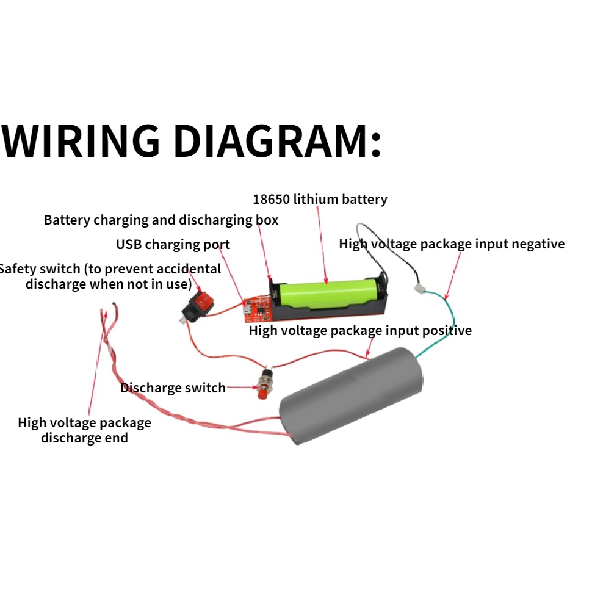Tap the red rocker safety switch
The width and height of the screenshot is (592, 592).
click(201, 301)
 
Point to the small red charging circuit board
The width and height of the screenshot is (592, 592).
click(256, 309)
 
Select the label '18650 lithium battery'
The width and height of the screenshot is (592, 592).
click(320, 199)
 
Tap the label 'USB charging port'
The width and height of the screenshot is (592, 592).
click(173, 245)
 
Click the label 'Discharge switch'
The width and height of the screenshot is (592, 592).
click(173, 388)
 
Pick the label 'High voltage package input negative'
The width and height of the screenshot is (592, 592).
click(452, 244)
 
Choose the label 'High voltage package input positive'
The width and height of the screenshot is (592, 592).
click(360, 331)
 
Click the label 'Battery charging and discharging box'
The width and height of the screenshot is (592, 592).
click(161, 220)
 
